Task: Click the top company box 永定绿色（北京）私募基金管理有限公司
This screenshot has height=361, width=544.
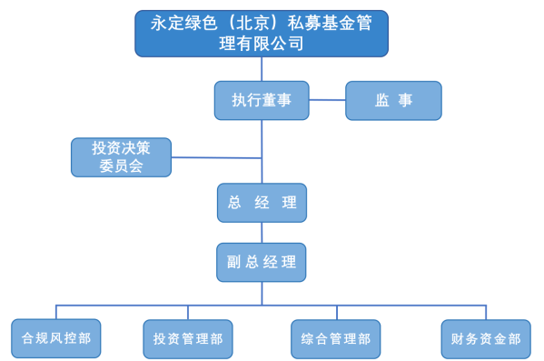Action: point(262,34)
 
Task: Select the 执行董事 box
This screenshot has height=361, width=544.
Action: point(262,100)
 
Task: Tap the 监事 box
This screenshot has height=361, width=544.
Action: point(393,100)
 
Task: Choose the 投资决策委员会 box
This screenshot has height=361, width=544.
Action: point(121,157)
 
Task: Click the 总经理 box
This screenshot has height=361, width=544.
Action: point(262,203)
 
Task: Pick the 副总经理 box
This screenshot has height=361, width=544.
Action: point(262,262)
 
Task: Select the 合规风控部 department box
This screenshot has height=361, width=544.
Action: point(55,338)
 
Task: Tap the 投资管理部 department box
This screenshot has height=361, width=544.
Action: point(187,339)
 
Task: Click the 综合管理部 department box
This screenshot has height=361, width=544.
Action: point(335,339)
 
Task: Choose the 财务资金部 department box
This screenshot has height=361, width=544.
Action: point(485,338)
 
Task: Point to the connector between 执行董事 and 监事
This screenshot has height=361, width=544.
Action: point(327,100)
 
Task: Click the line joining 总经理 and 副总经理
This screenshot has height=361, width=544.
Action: point(262,232)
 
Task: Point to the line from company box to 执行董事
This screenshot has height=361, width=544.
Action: point(262,68)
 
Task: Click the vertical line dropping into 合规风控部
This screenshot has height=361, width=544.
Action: point(56,312)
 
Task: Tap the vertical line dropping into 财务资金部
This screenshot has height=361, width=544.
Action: point(486,312)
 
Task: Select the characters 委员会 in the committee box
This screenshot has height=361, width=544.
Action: point(121,166)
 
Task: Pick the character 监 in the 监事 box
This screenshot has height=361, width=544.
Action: point(382,100)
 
